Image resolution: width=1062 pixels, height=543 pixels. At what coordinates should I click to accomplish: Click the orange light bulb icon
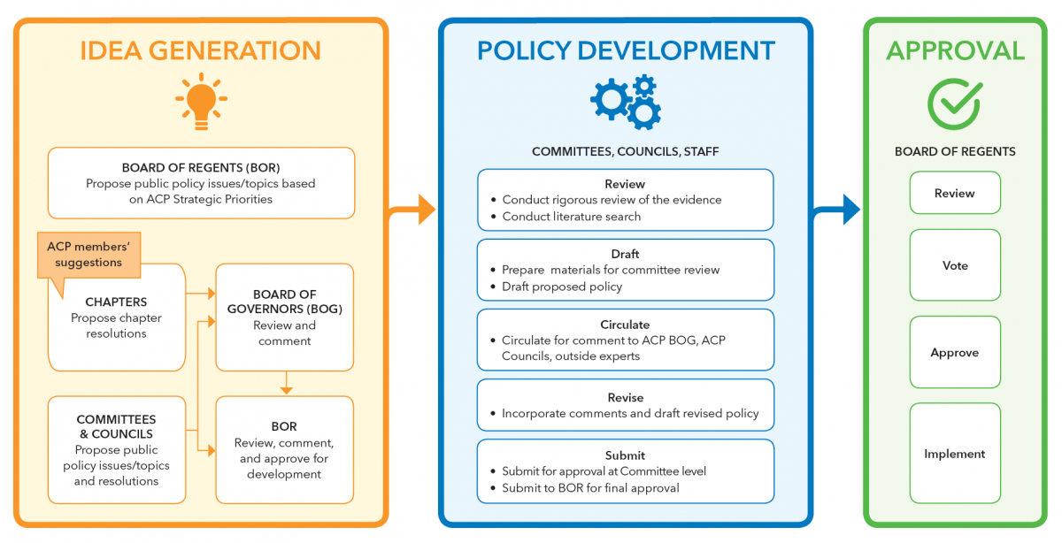click(x=201, y=100)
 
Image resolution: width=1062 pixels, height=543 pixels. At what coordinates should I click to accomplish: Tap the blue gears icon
click(x=626, y=102)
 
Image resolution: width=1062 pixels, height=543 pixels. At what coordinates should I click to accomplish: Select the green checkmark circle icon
click(x=954, y=103)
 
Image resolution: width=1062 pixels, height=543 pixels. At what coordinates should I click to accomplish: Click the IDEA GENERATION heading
click(x=201, y=50)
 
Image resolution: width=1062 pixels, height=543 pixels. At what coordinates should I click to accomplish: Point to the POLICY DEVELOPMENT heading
click(x=626, y=50)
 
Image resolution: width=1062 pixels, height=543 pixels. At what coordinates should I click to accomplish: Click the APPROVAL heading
click(x=955, y=50)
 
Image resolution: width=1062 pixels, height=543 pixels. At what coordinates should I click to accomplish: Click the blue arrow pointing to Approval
click(x=838, y=210)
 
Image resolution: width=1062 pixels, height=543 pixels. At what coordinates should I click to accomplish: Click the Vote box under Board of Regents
click(x=955, y=265)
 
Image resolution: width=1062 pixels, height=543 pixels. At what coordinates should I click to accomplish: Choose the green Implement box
click(x=955, y=454)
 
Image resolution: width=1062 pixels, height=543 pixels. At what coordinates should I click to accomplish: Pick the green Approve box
click(x=955, y=352)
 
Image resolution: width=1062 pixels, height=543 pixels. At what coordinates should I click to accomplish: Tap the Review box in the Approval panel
click(x=955, y=193)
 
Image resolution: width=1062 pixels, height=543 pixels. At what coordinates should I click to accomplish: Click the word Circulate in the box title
click(x=625, y=325)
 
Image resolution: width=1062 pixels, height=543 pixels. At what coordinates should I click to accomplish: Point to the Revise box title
click(x=625, y=397)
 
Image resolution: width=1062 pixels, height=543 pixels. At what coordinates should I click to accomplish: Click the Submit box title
click(x=625, y=455)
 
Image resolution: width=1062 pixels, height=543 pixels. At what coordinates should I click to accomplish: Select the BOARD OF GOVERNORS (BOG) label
click(x=284, y=302)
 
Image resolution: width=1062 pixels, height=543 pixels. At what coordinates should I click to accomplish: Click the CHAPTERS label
click(x=116, y=302)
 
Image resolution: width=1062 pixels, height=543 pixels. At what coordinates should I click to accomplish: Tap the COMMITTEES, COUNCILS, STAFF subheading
click(x=625, y=151)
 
